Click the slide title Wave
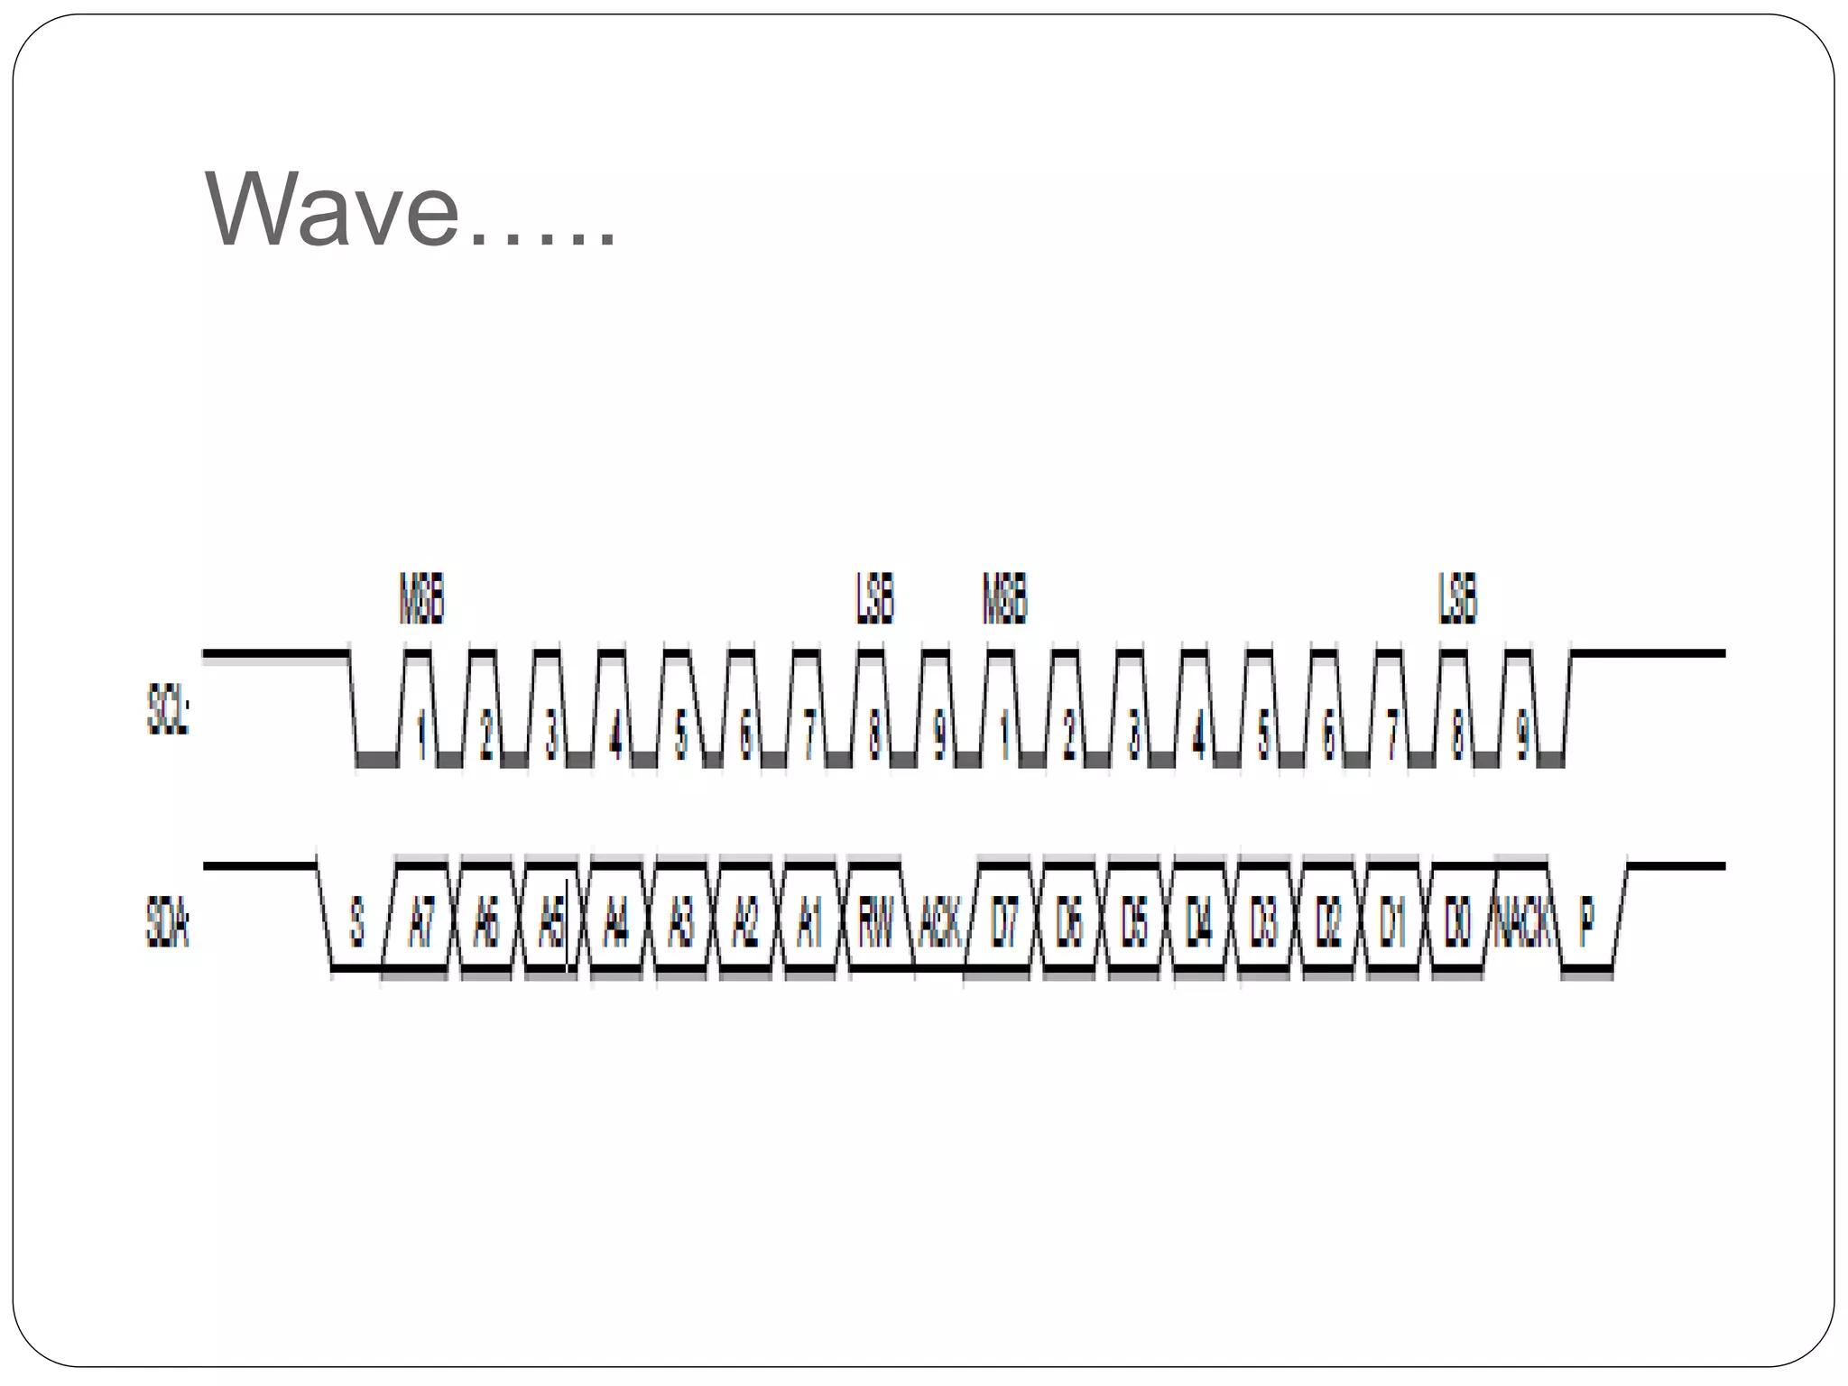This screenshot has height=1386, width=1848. point(411,210)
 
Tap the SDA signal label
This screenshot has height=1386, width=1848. point(168,923)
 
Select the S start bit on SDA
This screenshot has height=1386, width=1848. point(357,923)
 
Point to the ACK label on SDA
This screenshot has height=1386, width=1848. point(939,923)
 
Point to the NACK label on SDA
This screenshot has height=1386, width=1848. point(1522,923)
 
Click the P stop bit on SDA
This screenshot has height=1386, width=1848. point(1587,923)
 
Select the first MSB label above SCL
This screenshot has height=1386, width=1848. point(421,598)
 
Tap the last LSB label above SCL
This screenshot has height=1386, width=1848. point(1458,598)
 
